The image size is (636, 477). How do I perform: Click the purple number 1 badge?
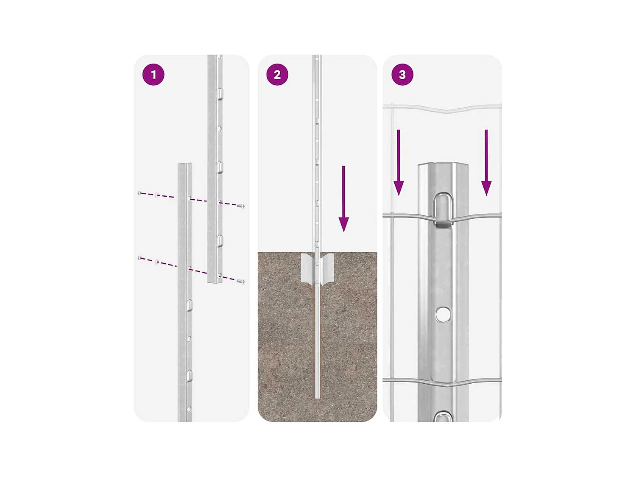[153, 75]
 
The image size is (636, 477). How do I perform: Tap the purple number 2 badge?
[277, 75]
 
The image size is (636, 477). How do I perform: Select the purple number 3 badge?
[402, 75]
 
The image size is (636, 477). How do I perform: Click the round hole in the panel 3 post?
[443, 314]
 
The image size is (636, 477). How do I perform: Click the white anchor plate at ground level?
[317, 268]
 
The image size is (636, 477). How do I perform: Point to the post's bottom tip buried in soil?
[317, 396]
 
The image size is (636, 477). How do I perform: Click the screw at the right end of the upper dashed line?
[242, 206]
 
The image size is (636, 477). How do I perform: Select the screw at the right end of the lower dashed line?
[242, 281]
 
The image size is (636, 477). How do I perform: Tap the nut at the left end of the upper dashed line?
[140, 193]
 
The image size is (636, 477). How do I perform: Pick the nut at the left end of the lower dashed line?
[140, 258]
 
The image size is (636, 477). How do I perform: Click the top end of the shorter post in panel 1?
[185, 165]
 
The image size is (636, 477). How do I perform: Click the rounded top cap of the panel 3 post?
[443, 166]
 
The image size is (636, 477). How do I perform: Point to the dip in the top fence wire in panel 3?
[444, 111]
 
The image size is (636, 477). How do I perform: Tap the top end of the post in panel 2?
[317, 57]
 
